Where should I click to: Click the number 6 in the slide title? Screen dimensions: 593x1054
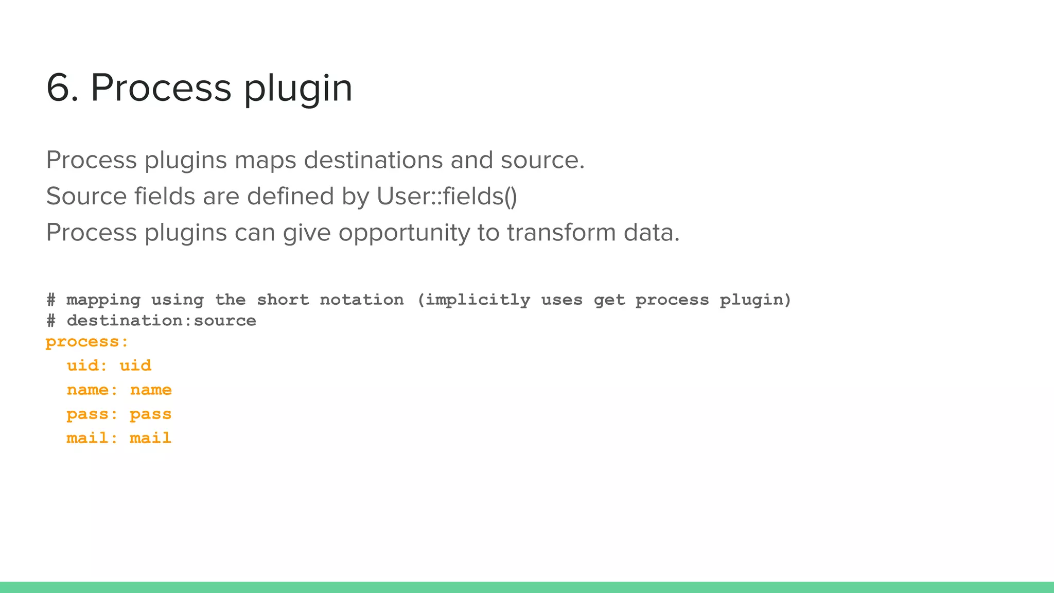coord(61,88)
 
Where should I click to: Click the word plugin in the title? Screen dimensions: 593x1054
coord(298,90)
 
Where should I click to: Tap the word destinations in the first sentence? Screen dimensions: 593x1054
coord(373,160)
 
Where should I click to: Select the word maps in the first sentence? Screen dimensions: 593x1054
coord(265,161)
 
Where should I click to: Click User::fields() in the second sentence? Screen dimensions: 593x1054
coord(447,197)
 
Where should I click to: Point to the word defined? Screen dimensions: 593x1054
coord(290,197)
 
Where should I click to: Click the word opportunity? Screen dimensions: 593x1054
coord(404,233)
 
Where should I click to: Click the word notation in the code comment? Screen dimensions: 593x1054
coord(362,300)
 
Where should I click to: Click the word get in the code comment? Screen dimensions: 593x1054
coord(609,301)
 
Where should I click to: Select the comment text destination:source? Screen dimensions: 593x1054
coord(161,321)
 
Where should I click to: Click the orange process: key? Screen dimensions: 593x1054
coord(87,342)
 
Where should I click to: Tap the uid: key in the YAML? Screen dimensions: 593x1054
coord(87,365)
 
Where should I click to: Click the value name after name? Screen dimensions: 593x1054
coord(151,390)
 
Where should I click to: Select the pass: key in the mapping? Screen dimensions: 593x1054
coord(92,414)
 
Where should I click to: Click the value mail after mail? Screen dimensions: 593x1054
coord(150,438)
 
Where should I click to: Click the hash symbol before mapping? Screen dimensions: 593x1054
coord(51,300)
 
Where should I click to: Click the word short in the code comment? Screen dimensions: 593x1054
coord(283,300)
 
